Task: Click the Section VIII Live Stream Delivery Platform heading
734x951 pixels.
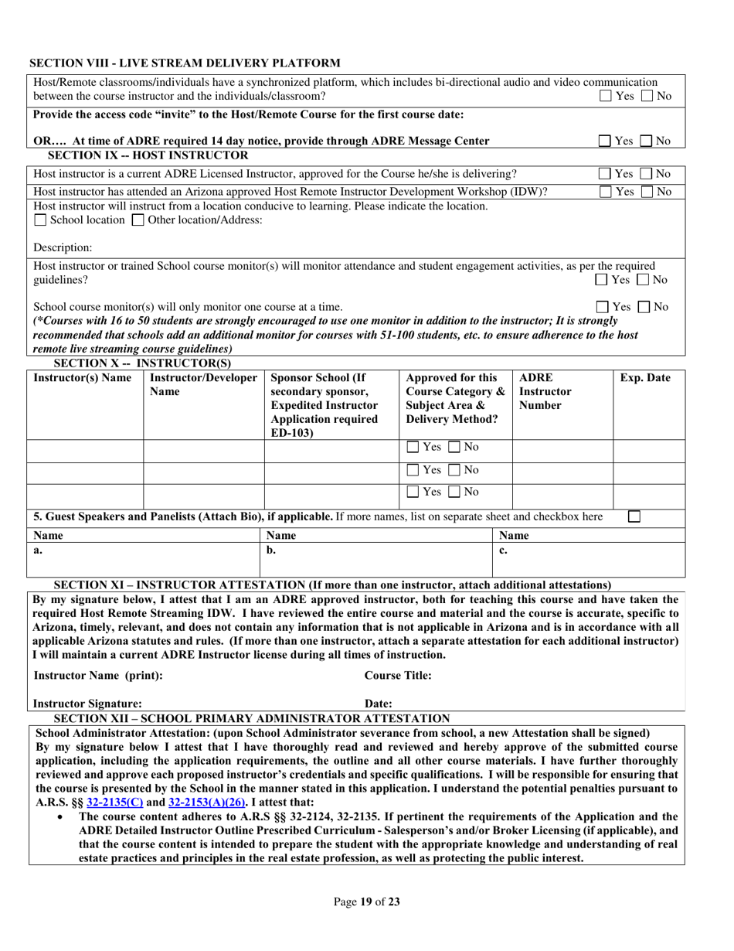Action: [185, 63]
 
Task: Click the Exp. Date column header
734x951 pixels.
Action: [645, 379]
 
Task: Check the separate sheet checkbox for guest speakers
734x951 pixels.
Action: [634, 516]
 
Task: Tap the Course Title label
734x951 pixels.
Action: [398, 676]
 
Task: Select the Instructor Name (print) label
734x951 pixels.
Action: [98, 676]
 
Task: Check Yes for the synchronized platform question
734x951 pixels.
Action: [607, 97]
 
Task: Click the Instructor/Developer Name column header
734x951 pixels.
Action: [203, 385]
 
